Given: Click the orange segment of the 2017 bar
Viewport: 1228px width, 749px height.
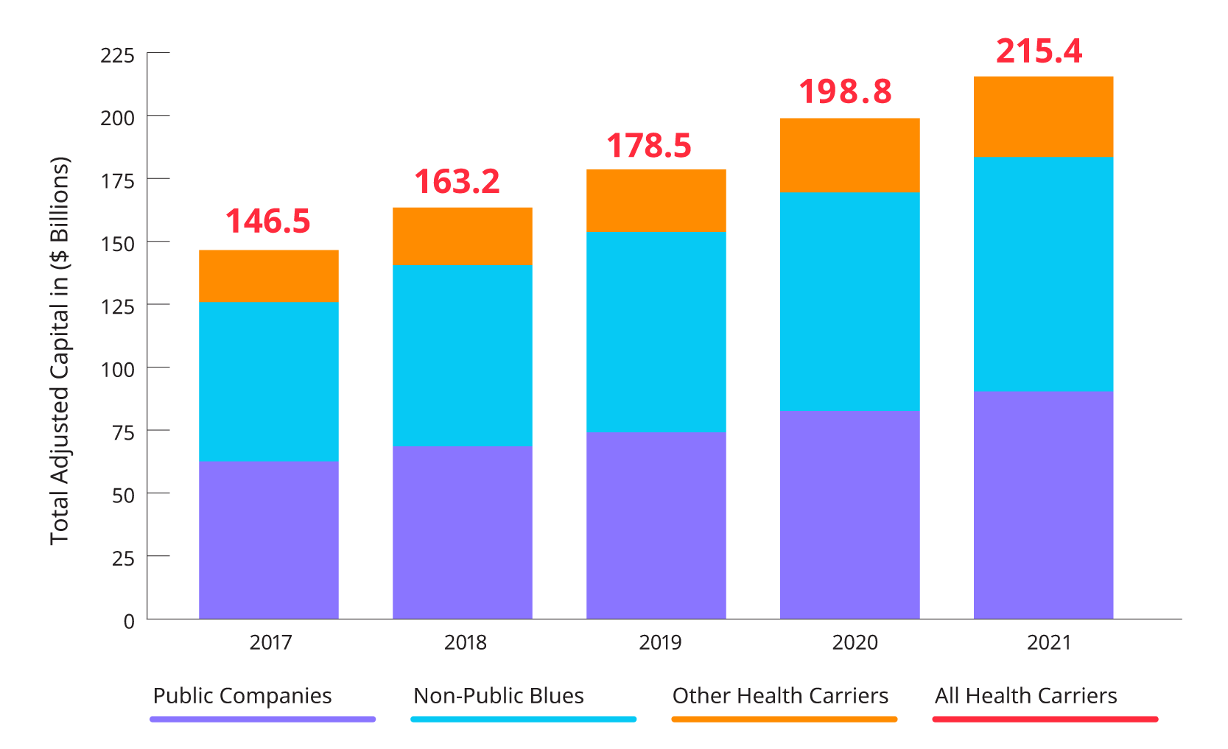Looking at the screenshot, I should click(268, 275).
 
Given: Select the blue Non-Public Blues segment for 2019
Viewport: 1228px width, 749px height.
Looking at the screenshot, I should click(656, 332).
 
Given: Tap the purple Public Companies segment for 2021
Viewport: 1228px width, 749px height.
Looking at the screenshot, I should click(1043, 504).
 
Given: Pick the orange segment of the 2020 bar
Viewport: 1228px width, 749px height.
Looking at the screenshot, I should click(849, 155).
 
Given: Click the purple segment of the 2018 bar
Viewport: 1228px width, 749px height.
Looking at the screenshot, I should click(462, 532).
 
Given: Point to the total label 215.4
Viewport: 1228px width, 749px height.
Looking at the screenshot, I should click(1039, 52).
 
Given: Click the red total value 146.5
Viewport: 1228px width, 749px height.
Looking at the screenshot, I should click(268, 222).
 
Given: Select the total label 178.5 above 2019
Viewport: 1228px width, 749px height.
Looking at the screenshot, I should click(649, 146).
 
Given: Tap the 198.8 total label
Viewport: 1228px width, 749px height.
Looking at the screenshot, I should click(845, 92).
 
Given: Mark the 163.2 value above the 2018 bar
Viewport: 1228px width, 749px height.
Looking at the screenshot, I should click(457, 182).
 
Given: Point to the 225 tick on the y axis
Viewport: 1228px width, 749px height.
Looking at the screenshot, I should click(118, 55).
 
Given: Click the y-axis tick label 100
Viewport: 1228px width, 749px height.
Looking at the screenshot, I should click(118, 369).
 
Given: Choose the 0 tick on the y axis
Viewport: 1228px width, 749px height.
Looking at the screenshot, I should click(129, 621).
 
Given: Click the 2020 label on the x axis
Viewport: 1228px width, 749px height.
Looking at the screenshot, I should click(855, 642).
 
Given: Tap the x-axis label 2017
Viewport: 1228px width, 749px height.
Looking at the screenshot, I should click(270, 642).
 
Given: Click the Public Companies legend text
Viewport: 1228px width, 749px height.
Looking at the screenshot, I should click(242, 696).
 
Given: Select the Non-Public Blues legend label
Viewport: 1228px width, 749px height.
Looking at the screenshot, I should click(499, 696).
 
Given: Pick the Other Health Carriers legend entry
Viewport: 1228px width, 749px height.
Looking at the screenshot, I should click(780, 696).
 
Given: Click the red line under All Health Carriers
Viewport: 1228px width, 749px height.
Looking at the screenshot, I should click(1045, 719).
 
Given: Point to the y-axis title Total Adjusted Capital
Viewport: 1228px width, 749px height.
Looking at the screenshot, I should click(60, 351).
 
